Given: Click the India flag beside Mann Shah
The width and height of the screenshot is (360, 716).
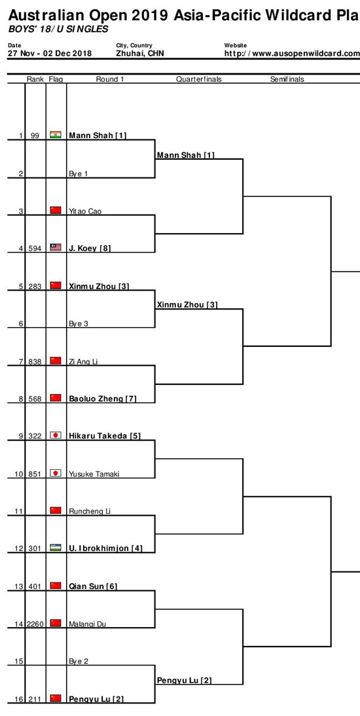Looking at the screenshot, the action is pyautogui.click(x=55, y=135).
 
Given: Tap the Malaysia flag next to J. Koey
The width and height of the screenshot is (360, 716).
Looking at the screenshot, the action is pyautogui.click(x=55, y=247).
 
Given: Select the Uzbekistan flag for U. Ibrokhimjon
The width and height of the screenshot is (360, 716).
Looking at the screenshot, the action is pyautogui.click(x=55, y=548).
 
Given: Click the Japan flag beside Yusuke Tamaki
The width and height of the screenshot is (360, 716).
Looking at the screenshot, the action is pyautogui.click(x=55, y=473).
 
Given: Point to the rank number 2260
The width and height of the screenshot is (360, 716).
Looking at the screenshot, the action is pyautogui.click(x=35, y=624).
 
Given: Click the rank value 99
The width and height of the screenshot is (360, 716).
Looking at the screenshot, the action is pyautogui.click(x=35, y=135).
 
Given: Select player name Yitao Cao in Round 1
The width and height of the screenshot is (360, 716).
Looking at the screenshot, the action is pyautogui.click(x=85, y=211).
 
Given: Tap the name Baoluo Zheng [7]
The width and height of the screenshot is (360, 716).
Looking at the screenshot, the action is pyautogui.click(x=103, y=399).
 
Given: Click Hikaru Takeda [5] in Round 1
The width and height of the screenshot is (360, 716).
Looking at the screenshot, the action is pyautogui.click(x=105, y=436).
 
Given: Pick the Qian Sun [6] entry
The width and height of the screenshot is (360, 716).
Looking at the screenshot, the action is pyautogui.click(x=93, y=586).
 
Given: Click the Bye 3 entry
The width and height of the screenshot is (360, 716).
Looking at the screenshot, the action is pyautogui.click(x=78, y=324).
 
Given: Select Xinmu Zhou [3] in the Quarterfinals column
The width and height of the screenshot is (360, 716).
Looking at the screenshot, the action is pyautogui.click(x=187, y=304).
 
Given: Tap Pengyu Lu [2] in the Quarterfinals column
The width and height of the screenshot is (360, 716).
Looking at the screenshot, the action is pyautogui.click(x=185, y=681).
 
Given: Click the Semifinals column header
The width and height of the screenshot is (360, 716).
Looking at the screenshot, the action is pyautogui.click(x=287, y=79).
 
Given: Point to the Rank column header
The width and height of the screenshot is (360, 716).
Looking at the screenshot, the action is pyautogui.click(x=35, y=79).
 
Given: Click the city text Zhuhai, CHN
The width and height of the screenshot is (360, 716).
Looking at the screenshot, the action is pyautogui.click(x=140, y=54).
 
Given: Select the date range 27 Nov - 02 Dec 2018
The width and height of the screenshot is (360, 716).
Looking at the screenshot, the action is pyautogui.click(x=50, y=54).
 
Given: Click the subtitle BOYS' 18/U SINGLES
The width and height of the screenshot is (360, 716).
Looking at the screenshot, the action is pyautogui.click(x=58, y=29).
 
